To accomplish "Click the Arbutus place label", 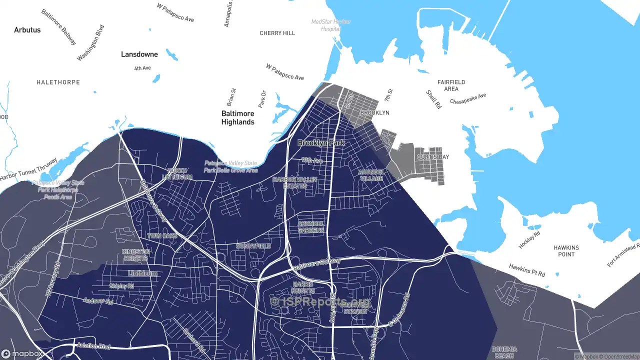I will pyautogui.click(x=27, y=30).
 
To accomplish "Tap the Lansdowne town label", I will pyautogui.click(x=139, y=54).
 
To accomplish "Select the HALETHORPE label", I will pyautogui.click(x=58, y=82).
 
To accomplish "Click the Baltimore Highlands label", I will pyautogui.click(x=238, y=118).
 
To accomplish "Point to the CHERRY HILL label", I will pyautogui.click(x=277, y=33).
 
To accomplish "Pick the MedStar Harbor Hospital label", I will pyautogui.click(x=331, y=25).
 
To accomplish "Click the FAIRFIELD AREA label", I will pyautogui.click(x=451, y=85).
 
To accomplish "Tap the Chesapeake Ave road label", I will pyautogui.click(x=467, y=98).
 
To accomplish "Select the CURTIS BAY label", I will pyautogui.click(x=432, y=157).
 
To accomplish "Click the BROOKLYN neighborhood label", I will pyautogui.click(x=374, y=113).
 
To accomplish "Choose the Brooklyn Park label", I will pyautogui.click(x=321, y=143).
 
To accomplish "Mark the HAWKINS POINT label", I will pyautogui.click(x=566, y=251).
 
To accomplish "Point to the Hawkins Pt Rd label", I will pyautogui.click(x=527, y=270).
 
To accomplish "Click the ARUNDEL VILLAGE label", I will pyautogui.click(x=370, y=175).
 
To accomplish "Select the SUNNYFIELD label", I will pyautogui.click(x=253, y=246).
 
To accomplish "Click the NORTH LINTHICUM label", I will pyautogui.click(x=179, y=174).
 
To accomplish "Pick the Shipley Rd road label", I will pyautogui.click(x=121, y=286).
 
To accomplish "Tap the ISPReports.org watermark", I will pyautogui.click(x=320, y=301).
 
